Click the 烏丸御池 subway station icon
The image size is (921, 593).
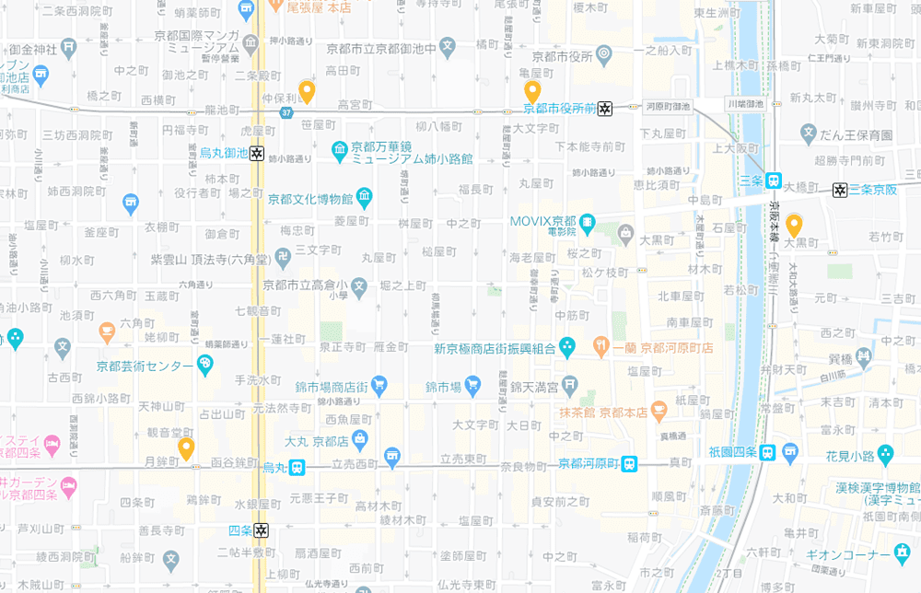pyautogui.click(x=257, y=154)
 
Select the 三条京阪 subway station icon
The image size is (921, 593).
pyautogui.click(x=839, y=191)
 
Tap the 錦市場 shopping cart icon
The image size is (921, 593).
pyautogui.click(x=472, y=383)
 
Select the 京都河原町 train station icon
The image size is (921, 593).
pyautogui.click(x=629, y=464)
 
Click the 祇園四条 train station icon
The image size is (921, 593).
pyautogui.click(x=767, y=452)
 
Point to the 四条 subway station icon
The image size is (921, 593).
pyautogui.click(x=262, y=530)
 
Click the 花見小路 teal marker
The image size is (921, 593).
pyautogui.click(x=885, y=453)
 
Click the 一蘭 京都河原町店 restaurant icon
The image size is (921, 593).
pyautogui.click(x=601, y=348)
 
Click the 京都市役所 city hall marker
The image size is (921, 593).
pyautogui.click(x=603, y=57)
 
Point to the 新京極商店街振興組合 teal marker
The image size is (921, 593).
pyautogui.click(x=567, y=348)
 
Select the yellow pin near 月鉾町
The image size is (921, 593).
pyautogui.click(x=186, y=448)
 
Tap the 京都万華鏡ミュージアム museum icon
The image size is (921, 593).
pyautogui.click(x=340, y=148)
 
